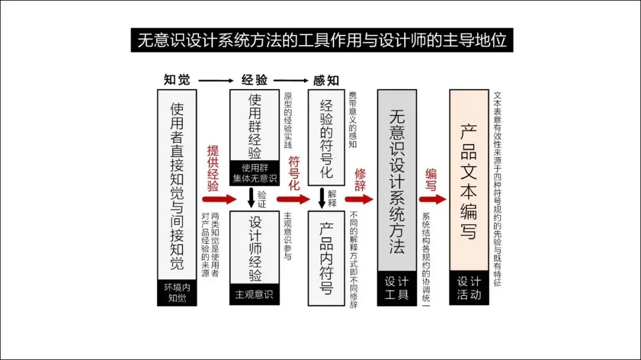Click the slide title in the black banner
coord(322,40)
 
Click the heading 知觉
coord(176,80)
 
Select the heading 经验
coord(254,80)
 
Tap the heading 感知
coord(326,80)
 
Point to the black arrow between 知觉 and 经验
coord(215,80)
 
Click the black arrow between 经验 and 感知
coord(290,80)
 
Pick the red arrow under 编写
coord(433,199)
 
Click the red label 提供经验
coord(213,168)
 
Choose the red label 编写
coord(431,180)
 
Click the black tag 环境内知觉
coord(176,292)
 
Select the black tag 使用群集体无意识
coord(254,173)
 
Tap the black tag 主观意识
coord(254,294)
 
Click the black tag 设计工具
coord(396,288)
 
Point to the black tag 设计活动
coord(469,288)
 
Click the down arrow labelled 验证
coord(251,198)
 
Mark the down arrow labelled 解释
coord(322,198)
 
